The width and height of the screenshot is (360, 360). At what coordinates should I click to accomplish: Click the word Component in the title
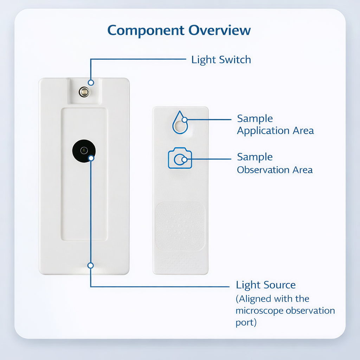point(146,31)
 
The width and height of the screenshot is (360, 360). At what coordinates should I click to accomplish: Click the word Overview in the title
point(219,30)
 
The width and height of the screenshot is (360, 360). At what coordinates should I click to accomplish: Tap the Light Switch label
point(221,60)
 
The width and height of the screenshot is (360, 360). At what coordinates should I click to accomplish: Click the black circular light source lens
point(84,151)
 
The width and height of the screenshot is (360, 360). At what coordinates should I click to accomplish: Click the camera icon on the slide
point(180,158)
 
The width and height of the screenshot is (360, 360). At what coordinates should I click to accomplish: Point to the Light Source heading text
point(266,285)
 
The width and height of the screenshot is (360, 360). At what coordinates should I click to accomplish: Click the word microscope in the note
point(259,311)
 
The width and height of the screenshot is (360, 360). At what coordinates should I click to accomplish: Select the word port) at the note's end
point(246,323)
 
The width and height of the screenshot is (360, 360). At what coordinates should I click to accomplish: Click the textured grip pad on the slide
point(180,226)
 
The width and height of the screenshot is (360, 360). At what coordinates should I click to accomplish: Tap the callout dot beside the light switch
point(91,83)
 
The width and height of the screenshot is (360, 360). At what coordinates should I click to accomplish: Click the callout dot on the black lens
point(91,158)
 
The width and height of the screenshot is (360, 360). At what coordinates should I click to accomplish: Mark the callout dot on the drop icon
point(184,120)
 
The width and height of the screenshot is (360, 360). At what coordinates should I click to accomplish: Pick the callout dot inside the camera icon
point(184,159)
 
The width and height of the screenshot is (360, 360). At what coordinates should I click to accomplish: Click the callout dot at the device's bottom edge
point(91,266)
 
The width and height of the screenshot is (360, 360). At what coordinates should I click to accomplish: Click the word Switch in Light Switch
point(235,60)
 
